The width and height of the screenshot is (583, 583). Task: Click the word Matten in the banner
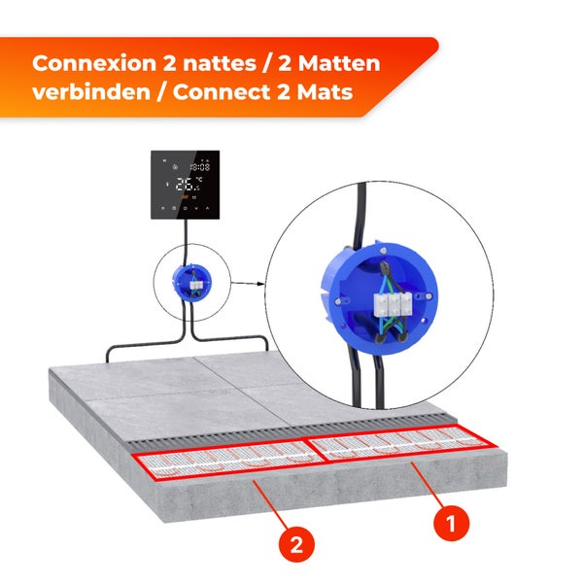click(338, 64)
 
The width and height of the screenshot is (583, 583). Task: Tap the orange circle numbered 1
click(449, 523)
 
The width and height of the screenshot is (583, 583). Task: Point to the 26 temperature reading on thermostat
click(184, 184)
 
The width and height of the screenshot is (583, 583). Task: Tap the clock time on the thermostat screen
click(200, 166)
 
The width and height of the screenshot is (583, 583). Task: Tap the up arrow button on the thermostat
click(195, 209)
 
